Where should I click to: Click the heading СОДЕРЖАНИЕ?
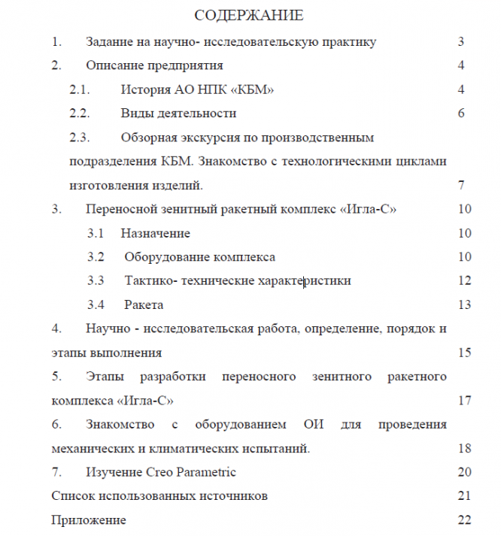(x=249, y=15)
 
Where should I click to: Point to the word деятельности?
(x=195, y=114)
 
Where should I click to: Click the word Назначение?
(x=155, y=233)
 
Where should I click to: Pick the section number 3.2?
(x=96, y=257)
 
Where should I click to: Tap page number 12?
(x=464, y=281)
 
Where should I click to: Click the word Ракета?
(x=144, y=305)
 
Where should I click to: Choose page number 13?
(x=464, y=305)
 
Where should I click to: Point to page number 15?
(x=464, y=353)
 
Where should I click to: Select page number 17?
(x=464, y=400)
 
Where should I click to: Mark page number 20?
(x=464, y=472)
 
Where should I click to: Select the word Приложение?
(x=89, y=520)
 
